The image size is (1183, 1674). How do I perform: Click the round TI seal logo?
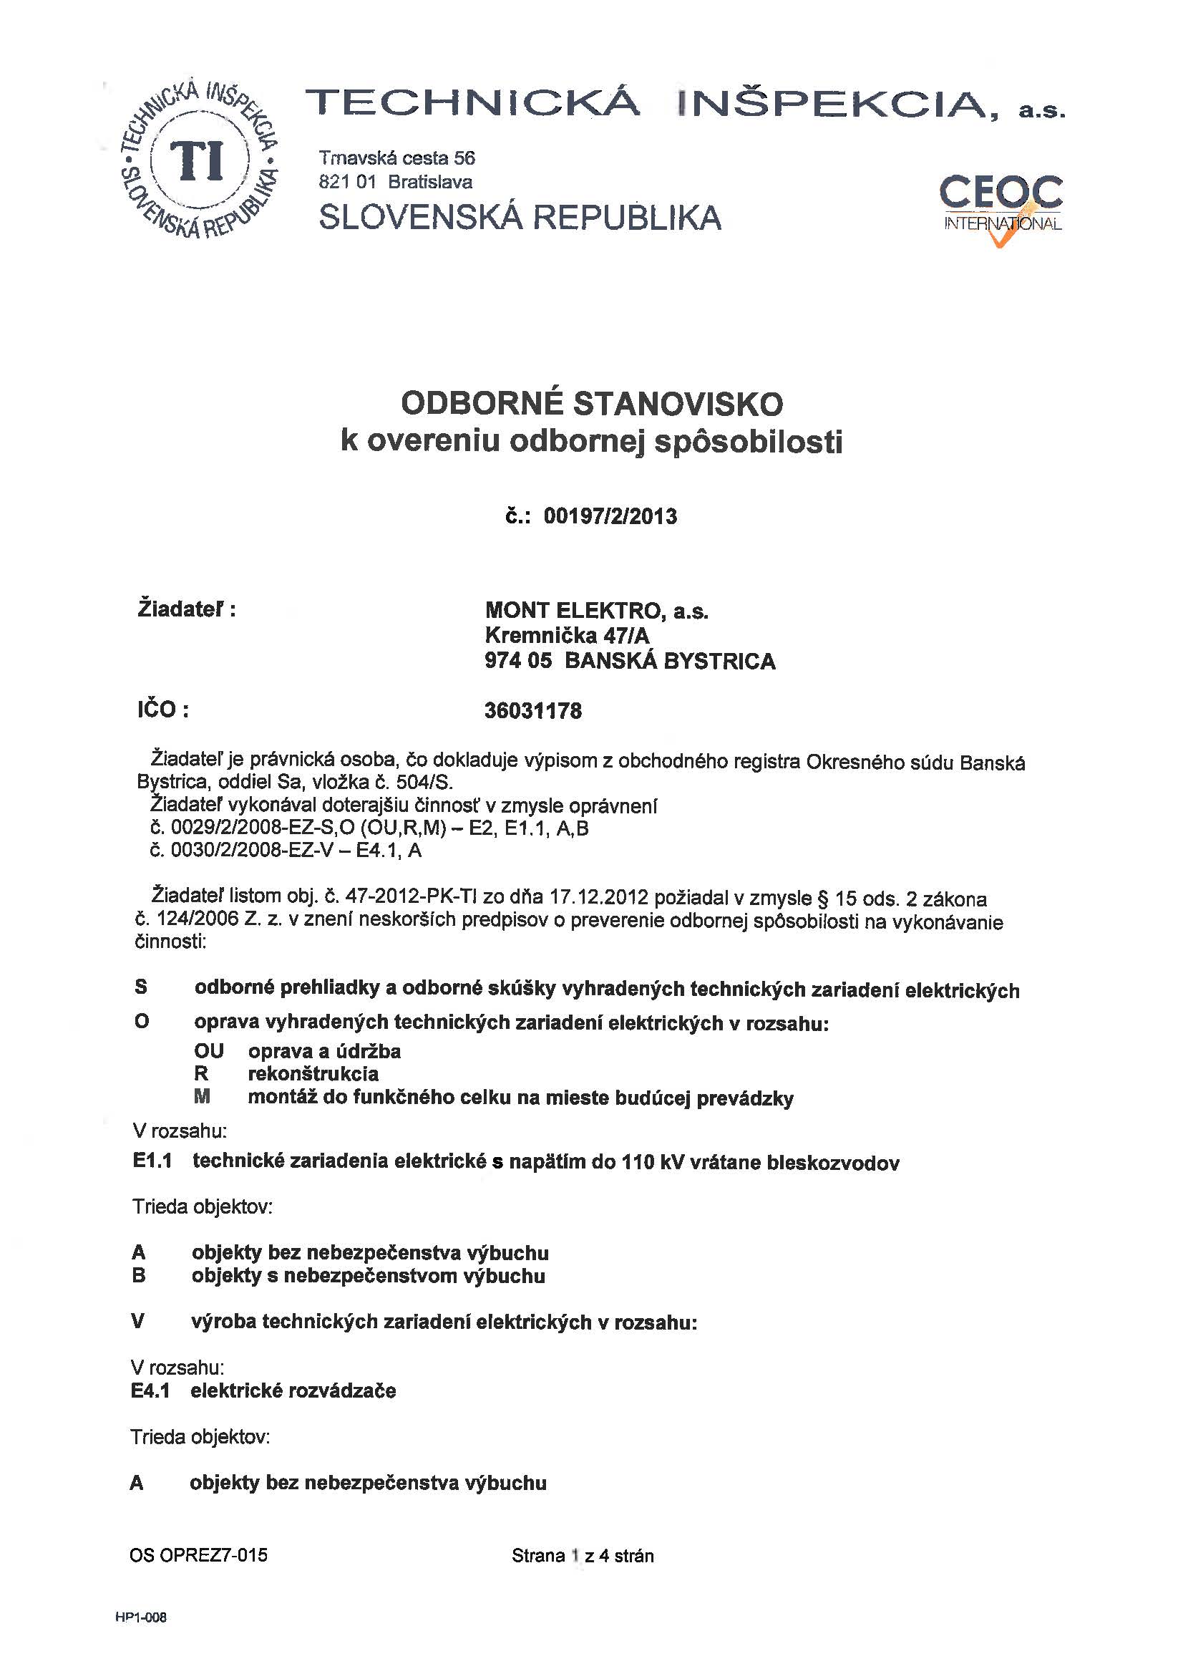pyautogui.click(x=198, y=160)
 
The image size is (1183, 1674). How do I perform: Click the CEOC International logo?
pyautogui.click(x=1001, y=206)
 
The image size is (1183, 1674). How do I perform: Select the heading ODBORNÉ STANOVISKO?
pyautogui.click(x=592, y=404)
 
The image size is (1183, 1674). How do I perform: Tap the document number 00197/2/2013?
pyautogui.click(x=610, y=516)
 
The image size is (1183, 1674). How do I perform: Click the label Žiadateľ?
pyautogui.click(x=187, y=609)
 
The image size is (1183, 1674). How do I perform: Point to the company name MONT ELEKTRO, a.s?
pyautogui.click(x=596, y=611)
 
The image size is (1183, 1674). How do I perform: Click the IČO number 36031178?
pyautogui.click(x=533, y=711)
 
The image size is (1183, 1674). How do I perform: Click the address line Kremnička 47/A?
pyautogui.click(x=566, y=636)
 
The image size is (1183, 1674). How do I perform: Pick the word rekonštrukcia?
pyautogui.click(x=313, y=1074)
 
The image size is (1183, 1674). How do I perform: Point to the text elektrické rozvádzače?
pyautogui.click(x=293, y=1390)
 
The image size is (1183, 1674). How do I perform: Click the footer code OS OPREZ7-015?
pyautogui.click(x=198, y=1555)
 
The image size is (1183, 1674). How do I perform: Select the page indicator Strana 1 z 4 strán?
pyautogui.click(x=583, y=1556)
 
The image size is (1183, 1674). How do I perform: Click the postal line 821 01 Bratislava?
pyautogui.click(x=395, y=182)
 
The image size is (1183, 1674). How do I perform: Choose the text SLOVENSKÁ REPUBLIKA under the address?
pyautogui.click(x=520, y=217)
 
